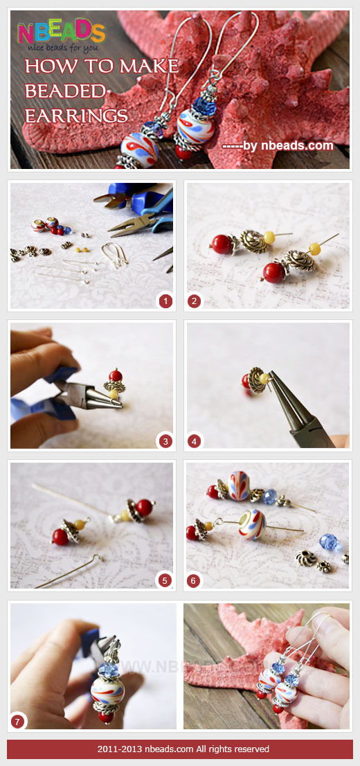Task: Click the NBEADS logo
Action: pos(61,32)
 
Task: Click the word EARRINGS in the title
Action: pos(76,114)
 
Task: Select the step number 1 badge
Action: pos(165,301)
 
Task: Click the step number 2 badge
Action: pos(195,301)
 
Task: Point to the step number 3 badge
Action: pos(165,440)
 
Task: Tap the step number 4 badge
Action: pos(195,440)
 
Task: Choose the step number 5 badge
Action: pos(165,580)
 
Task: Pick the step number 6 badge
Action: pos(195,580)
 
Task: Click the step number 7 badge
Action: pos(19,721)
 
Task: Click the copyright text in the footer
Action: pos(179,749)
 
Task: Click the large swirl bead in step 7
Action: pos(105,690)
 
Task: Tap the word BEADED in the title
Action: pos(65,91)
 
